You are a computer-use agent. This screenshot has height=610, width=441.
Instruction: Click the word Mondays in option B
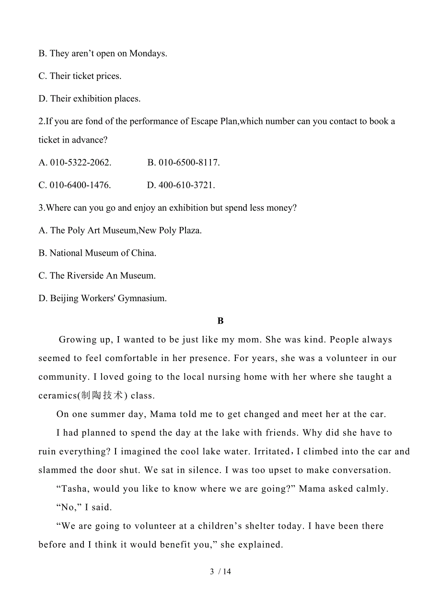click(x=148, y=54)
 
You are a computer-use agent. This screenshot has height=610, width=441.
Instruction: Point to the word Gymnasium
click(x=141, y=298)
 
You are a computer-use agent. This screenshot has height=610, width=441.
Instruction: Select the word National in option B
click(x=67, y=253)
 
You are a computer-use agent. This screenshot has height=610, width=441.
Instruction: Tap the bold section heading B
click(x=220, y=321)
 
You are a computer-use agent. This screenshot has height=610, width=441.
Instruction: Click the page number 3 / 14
click(x=220, y=572)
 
